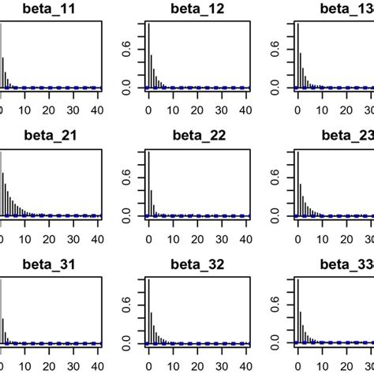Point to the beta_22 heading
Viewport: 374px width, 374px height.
198,135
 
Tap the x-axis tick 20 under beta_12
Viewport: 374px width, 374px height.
198,109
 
